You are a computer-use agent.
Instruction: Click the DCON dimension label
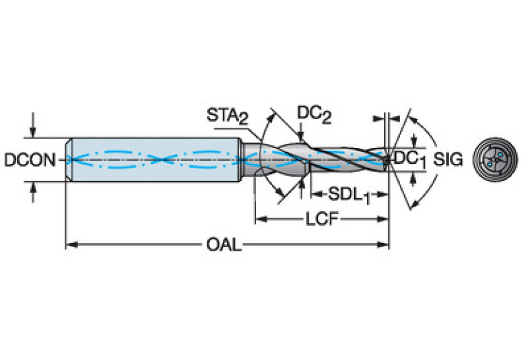30,160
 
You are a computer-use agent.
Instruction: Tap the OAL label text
224,244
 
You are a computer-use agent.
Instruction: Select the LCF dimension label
321,219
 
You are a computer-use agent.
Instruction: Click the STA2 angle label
228,116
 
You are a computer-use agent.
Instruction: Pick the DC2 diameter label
314,114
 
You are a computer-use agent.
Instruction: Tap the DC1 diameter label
410,159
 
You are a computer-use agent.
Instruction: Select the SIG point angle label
448,159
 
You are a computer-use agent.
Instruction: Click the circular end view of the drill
495,160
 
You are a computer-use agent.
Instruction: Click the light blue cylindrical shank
154,160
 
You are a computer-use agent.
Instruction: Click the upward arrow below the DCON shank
32,192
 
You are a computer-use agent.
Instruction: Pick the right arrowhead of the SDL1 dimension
383,194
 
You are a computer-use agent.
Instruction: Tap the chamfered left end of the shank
68,160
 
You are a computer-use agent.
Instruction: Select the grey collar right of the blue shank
251,159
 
